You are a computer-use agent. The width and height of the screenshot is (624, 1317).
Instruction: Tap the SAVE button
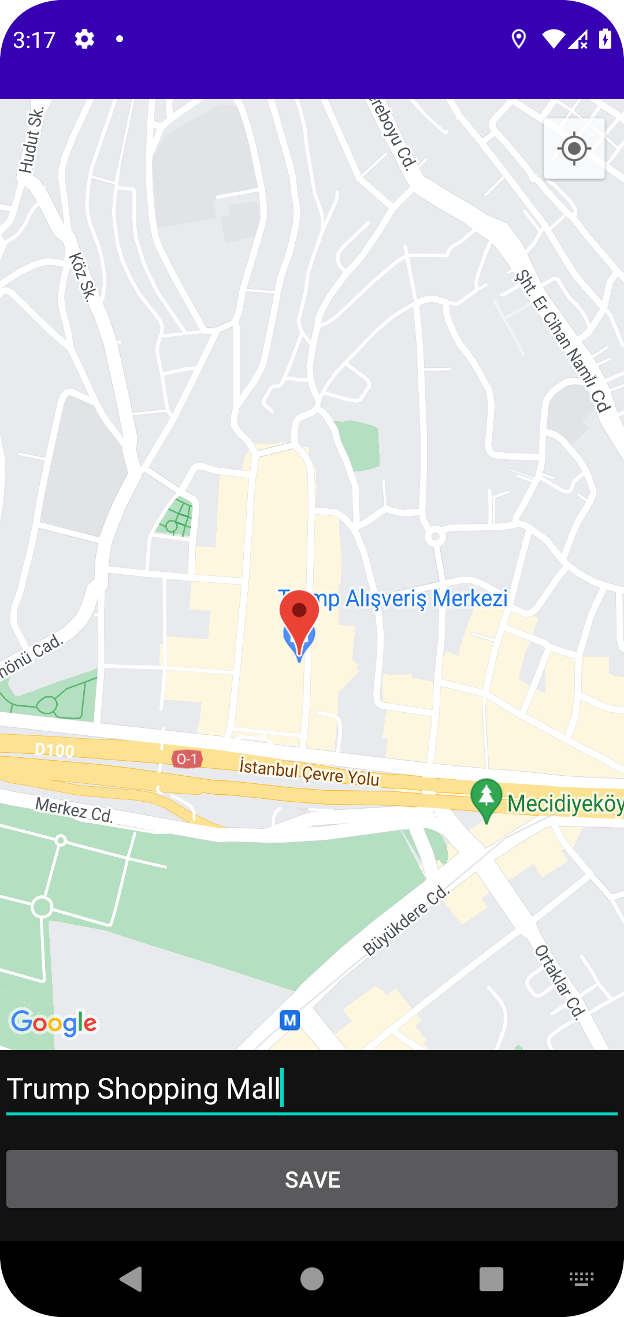(312, 1179)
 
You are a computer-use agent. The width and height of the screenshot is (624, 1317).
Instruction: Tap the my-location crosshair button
(574, 149)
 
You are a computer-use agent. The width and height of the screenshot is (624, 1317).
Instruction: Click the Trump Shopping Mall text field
(312, 1089)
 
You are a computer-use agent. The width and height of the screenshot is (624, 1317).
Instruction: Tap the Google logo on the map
(54, 1023)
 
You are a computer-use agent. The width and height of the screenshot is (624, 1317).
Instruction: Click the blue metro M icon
(289, 1020)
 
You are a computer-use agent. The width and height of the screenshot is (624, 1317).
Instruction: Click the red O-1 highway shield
(187, 758)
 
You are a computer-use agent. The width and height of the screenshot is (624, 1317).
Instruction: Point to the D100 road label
(55, 750)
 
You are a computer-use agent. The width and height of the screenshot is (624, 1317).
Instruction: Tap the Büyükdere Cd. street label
(406, 920)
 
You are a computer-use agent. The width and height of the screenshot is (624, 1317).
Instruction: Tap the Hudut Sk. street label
(32, 140)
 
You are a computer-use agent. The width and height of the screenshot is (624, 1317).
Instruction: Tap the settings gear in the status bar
(84, 39)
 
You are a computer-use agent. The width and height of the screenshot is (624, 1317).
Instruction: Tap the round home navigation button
(312, 1279)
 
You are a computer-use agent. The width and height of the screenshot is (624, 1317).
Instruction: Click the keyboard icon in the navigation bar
(581, 1278)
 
